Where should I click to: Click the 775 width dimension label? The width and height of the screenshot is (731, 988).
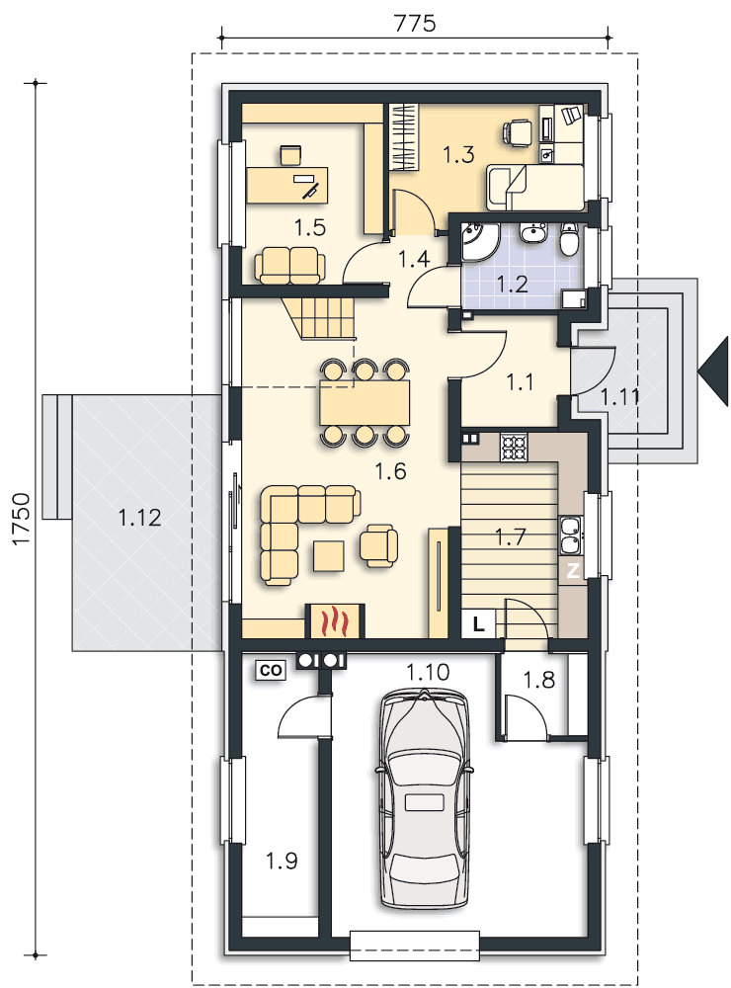(415, 24)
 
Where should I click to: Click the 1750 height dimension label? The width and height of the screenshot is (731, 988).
(21, 519)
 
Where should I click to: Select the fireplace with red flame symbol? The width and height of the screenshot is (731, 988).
(335, 620)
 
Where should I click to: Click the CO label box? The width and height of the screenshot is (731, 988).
(271, 671)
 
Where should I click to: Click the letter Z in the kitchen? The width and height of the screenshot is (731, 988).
(572, 571)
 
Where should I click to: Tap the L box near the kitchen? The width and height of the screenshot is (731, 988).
(478, 624)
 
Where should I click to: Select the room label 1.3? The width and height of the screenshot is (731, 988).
(458, 154)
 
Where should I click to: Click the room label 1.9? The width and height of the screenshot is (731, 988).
(282, 861)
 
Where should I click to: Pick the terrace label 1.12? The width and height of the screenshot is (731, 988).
(140, 518)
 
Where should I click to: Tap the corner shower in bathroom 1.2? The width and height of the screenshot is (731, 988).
(480, 243)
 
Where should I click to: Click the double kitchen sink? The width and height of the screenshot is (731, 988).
(571, 535)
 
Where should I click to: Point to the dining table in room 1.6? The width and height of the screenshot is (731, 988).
(365, 403)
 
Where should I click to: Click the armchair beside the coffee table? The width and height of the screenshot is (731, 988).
(379, 544)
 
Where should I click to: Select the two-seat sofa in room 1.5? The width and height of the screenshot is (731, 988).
(289, 265)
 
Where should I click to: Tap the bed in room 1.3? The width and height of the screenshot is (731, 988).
(535, 187)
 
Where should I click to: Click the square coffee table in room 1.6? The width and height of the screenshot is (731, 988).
(328, 556)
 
